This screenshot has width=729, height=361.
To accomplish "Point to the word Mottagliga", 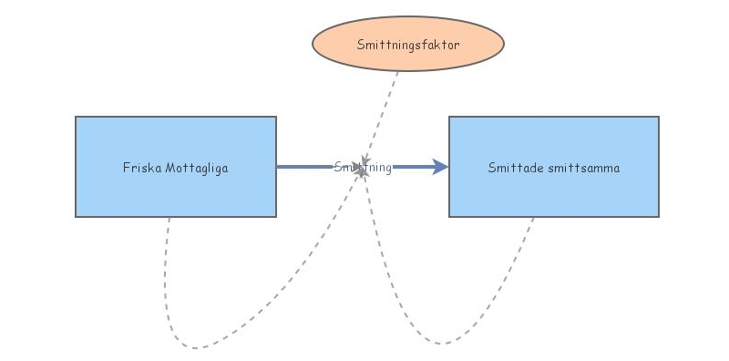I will click(x=197, y=168).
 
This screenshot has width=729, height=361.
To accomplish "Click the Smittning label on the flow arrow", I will click(x=363, y=167).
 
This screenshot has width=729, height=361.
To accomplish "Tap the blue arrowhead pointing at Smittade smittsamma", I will click(x=440, y=167).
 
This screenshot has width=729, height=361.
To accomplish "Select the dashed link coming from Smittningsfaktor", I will click(x=382, y=114).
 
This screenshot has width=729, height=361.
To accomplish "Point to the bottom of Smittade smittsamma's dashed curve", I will click(x=442, y=344).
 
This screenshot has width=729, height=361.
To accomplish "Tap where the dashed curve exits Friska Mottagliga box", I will click(x=169, y=217).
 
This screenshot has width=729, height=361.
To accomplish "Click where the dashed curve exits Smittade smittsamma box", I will click(x=534, y=217).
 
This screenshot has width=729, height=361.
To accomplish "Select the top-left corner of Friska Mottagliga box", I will click(x=76, y=117).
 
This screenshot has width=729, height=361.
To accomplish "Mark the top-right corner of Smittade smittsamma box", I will click(x=658, y=117).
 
